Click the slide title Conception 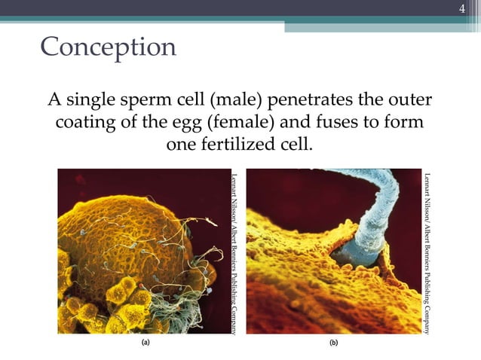[108, 47]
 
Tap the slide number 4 [464, 9]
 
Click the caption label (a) [146, 342]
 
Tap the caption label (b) [333, 342]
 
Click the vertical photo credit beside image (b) [427, 252]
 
